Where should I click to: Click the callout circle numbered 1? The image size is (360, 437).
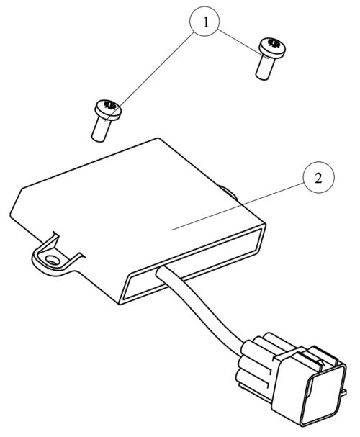pos(204,21)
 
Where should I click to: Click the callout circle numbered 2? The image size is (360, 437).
pos(318,177)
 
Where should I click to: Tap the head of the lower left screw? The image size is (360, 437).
pos(109,109)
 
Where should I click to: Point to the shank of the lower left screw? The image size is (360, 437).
pos(101,130)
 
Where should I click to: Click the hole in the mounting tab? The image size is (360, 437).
pos(52,261)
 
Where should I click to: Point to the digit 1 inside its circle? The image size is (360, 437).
pos(206,22)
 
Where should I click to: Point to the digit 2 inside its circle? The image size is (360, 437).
pos(318,178)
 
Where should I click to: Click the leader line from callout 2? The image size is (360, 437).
pos(238,207)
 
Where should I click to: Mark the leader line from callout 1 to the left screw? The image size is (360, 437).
pos(149,77)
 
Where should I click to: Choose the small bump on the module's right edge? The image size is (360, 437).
pos(228,192)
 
